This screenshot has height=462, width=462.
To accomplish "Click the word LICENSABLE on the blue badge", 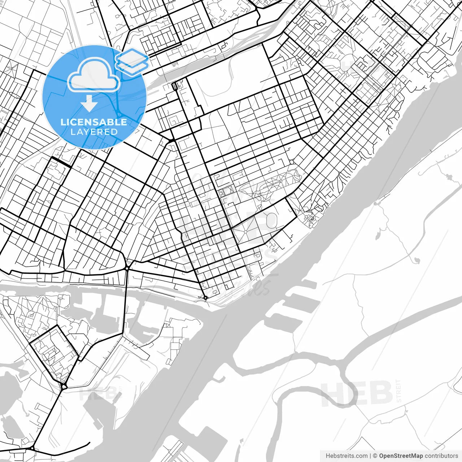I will point(94,122).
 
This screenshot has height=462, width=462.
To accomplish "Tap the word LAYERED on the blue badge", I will point(94,132).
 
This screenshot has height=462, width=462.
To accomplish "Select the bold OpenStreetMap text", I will point(401,456).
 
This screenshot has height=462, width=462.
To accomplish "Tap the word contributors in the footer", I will point(441,456).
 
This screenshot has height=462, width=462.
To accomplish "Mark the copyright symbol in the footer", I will point(375,456).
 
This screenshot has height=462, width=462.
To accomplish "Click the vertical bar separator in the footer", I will point(371,456).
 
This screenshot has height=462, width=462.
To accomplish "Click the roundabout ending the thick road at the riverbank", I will point(205,297).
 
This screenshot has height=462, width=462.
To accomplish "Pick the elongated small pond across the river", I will point(378,236).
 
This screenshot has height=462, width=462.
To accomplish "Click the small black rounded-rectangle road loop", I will point(174,86).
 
